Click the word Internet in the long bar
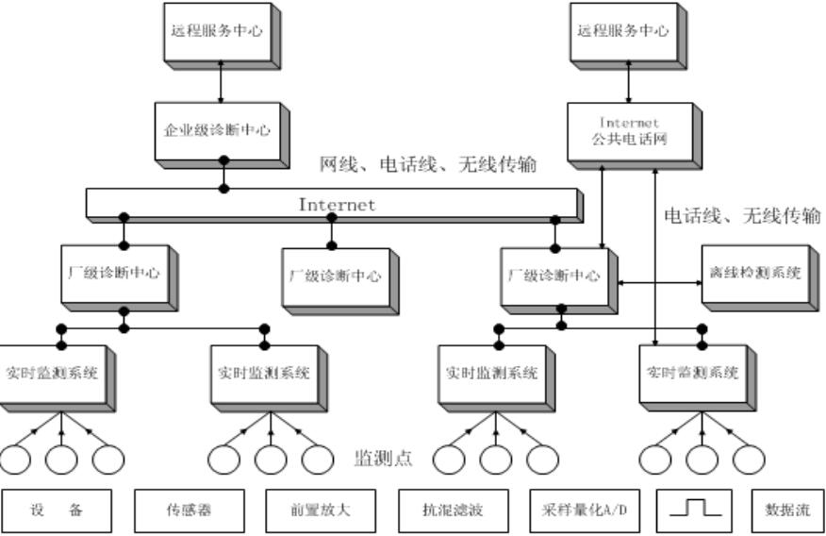[x=337, y=204]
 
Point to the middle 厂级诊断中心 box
[x=334, y=276]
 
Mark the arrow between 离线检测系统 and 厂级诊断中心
[x=659, y=281]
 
